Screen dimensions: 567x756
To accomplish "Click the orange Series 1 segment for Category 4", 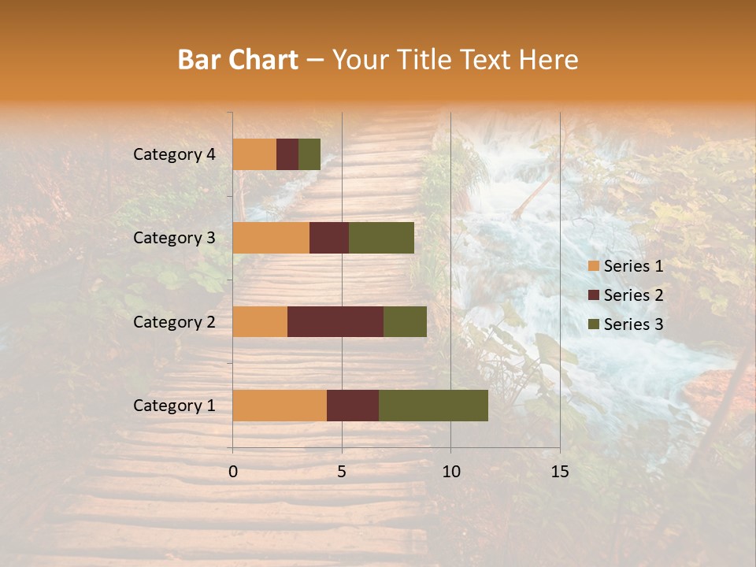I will tap(254, 154).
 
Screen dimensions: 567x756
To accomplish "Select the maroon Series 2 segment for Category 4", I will tap(287, 154).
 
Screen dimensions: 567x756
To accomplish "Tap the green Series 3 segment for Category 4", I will tap(309, 154).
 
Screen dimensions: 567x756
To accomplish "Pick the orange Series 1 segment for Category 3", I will tap(271, 238).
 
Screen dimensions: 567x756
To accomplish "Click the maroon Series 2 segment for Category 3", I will tap(329, 238).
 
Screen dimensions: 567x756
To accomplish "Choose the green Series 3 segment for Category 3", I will tap(381, 238).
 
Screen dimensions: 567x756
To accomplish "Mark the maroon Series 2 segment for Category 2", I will tap(335, 321).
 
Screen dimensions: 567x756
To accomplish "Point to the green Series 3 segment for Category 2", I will tap(405, 321).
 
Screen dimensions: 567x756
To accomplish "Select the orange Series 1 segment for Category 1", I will tap(280, 406).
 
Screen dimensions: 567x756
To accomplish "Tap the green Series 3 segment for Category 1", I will tap(433, 406).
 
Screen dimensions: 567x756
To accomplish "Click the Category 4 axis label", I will tap(174, 154).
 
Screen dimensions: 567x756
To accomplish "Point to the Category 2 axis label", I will tap(174, 321).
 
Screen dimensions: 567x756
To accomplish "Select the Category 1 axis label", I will tap(174, 406).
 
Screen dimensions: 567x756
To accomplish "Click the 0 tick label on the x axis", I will tap(233, 472).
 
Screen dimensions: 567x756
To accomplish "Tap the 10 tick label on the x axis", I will tap(450, 472).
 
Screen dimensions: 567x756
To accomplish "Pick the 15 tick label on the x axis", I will tap(559, 472).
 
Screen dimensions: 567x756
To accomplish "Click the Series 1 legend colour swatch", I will tap(594, 266).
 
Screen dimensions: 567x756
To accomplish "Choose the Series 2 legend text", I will tap(633, 295).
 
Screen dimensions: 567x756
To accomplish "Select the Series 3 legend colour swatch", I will tap(594, 324).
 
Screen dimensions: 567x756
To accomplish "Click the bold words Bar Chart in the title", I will tap(238, 60).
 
